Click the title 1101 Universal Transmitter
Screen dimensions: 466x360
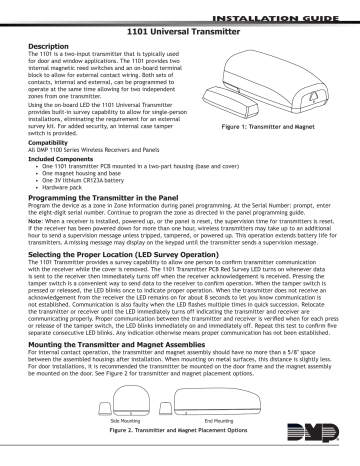click(180, 31)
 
